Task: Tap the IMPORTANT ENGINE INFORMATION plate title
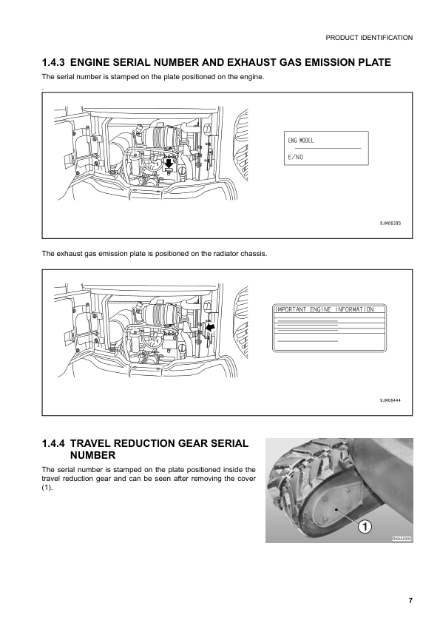[x=324, y=309]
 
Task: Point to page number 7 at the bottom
[x=410, y=600]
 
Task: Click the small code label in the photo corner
[x=401, y=539]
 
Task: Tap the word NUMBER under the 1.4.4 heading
[x=92, y=456]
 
